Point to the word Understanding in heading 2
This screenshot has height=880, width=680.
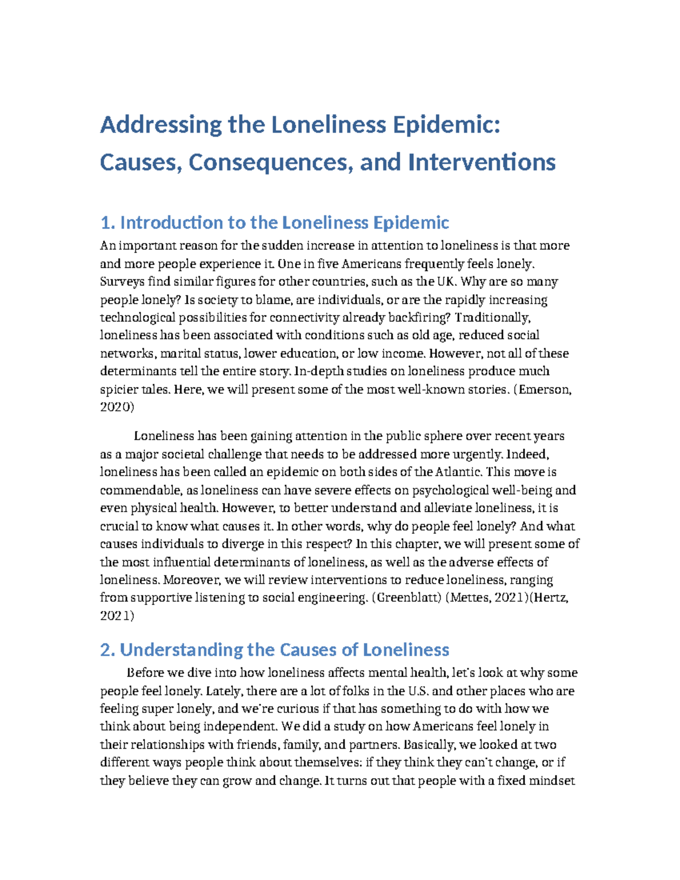click(x=181, y=649)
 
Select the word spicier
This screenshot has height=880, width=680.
click(x=118, y=390)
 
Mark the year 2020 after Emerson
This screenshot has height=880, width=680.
click(x=115, y=407)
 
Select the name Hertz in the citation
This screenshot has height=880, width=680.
click(x=550, y=598)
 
